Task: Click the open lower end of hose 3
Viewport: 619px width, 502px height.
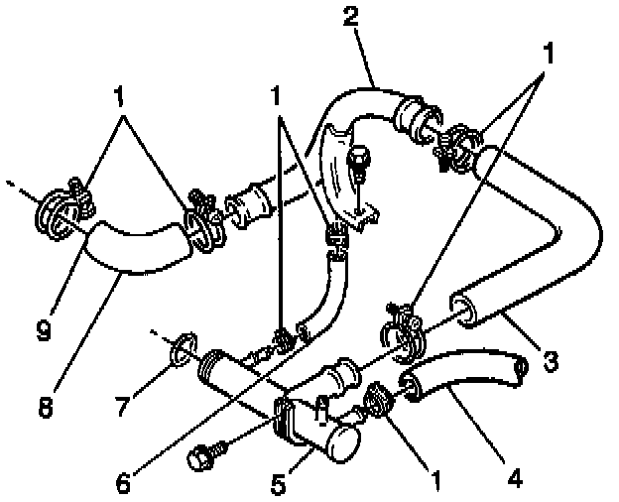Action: click(465, 308)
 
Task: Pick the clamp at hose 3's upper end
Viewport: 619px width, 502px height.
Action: click(457, 144)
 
